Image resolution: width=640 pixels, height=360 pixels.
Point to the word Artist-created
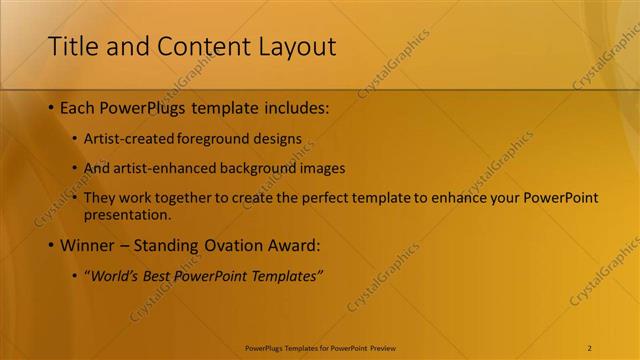(125, 139)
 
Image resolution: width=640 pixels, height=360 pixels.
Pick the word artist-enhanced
(160, 168)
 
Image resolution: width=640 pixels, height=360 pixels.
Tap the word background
(258, 168)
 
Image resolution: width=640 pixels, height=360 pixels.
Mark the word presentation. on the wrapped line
(127, 214)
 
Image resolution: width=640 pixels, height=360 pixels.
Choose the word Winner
(89, 245)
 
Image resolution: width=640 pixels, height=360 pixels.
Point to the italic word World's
(112, 275)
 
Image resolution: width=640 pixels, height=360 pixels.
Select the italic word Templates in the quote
(287, 275)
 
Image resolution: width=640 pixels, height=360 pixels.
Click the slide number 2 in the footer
(590, 348)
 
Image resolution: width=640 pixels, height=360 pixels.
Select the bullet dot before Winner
(51, 245)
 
